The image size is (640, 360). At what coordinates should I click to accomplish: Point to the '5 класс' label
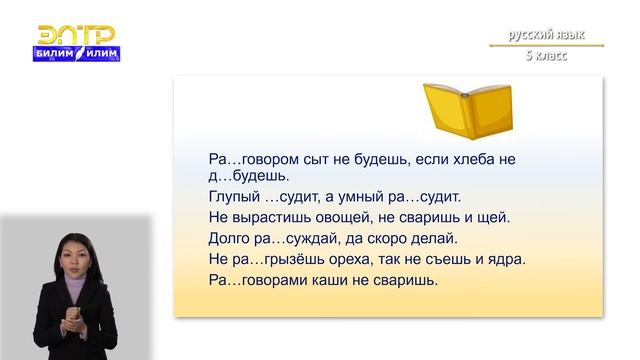545,56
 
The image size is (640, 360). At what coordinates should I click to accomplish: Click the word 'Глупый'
233,198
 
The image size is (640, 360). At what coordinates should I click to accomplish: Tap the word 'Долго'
230,239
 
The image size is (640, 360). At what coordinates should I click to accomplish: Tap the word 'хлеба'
474,160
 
